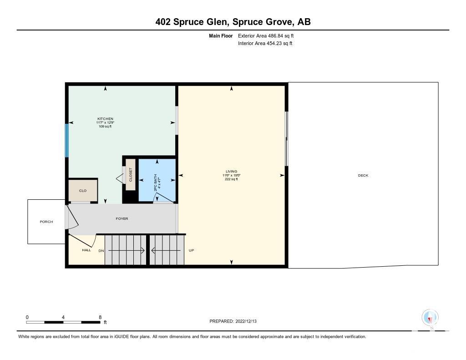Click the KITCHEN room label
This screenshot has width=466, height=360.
coord(105,119)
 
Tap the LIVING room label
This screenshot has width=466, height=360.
coord(232,171)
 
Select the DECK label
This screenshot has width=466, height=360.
coord(363,175)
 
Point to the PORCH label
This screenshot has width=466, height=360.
coord(46,222)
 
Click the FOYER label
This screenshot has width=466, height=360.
coord(122,218)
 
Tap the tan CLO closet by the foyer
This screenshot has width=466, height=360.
coord(83,191)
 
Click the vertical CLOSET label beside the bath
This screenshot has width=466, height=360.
coord(131,175)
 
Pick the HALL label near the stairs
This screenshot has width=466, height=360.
coord(86,250)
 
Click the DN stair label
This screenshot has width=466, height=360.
coord(101,251)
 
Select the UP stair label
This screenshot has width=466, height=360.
coord(192,250)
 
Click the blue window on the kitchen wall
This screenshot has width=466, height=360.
coord(67,141)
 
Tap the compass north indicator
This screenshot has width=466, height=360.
coord(430,318)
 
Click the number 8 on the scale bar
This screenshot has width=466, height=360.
coord(100,317)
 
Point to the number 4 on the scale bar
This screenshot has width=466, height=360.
coord(63,317)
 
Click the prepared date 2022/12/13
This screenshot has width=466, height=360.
coord(246,321)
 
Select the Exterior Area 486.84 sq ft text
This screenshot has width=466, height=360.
coord(266,35)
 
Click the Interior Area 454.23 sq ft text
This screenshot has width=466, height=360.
coord(265,43)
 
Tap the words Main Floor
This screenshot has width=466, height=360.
coord(221,35)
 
